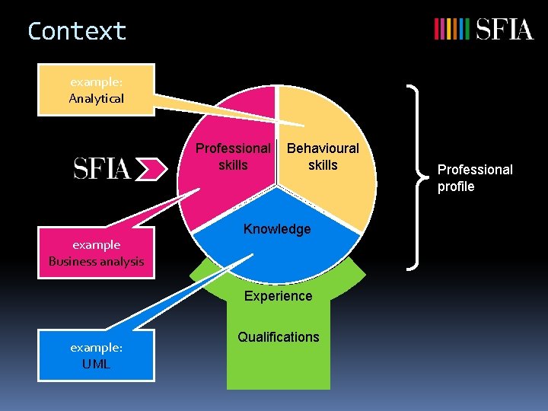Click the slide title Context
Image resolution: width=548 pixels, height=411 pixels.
pos(76,31)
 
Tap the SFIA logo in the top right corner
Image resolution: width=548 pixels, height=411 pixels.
pos(483,30)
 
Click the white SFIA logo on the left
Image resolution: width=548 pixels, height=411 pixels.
pos(102,168)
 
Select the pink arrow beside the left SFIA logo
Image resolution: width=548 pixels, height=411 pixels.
pos(155,168)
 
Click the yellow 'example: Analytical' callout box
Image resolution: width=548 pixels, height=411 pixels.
pos(96,89)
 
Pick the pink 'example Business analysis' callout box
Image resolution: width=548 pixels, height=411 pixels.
pos(96,253)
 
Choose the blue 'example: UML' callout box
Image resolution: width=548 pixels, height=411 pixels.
pos(96,355)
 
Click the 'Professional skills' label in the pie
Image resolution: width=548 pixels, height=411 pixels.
pos(233,156)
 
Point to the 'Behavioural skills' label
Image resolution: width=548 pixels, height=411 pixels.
pos(323,156)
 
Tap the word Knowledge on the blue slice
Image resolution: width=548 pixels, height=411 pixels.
pos(277,229)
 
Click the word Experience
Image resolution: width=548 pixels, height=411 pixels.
pos(278,296)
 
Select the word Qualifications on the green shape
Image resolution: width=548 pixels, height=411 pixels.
pos(279,337)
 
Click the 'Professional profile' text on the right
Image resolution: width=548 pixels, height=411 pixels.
pos(475,178)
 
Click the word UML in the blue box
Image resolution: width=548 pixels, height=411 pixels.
pos(97,364)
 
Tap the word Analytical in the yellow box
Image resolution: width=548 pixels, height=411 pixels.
pos(96,98)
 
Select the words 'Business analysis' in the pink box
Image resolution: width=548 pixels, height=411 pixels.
pos(96,262)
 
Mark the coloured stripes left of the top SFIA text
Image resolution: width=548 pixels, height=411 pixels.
pos(451,30)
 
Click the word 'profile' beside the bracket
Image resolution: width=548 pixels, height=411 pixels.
pos(456,186)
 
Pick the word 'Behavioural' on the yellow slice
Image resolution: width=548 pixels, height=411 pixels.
pos(323,148)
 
